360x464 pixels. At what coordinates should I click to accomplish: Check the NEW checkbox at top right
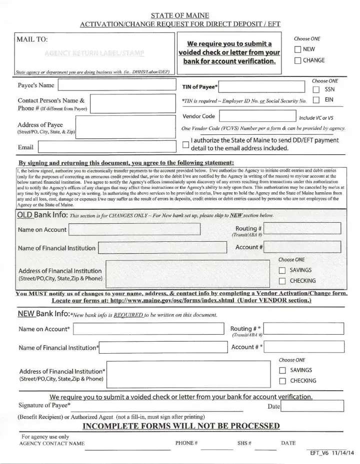point(297,49)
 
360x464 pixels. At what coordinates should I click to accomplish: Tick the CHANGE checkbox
point(297,60)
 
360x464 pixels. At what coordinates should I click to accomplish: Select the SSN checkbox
point(316,90)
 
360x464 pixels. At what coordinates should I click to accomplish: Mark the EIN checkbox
point(316,100)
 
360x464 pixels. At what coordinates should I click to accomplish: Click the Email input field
point(106,147)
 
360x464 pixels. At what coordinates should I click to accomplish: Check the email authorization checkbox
point(186,145)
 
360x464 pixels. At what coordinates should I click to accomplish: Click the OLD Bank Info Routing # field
point(302,229)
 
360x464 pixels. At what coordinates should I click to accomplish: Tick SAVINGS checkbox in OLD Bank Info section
point(281,270)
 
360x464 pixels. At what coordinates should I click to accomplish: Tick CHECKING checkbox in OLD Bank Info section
point(281,281)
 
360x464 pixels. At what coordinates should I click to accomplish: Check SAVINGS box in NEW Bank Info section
point(281,371)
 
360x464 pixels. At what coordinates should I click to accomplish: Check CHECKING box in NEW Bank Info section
point(281,381)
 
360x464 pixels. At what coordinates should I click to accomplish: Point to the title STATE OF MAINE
point(179,14)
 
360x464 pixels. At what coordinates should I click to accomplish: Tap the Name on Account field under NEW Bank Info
point(148,329)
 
